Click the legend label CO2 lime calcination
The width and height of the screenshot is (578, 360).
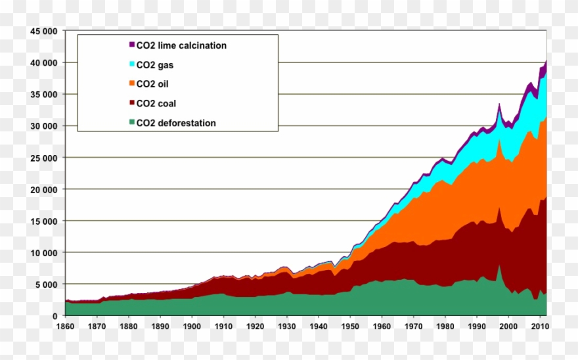click(181, 45)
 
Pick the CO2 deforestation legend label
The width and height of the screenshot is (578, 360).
click(175, 123)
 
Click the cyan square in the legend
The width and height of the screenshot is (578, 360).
click(131, 64)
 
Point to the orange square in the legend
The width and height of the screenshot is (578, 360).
click(131, 84)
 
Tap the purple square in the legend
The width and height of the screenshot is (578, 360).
click(131, 45)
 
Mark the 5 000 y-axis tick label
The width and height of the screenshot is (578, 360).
click(47, 284)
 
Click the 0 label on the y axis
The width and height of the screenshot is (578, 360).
click(55, 316)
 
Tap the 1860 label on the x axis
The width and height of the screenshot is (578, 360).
click(65, 326)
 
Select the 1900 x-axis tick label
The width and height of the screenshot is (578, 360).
click(192, 326)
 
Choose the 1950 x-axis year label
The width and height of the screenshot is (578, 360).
click(350, 326)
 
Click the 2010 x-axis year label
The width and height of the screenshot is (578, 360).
click(540, 326)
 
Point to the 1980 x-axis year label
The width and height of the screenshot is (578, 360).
click(445, 326)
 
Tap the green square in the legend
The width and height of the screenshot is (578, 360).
click(131, 123)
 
